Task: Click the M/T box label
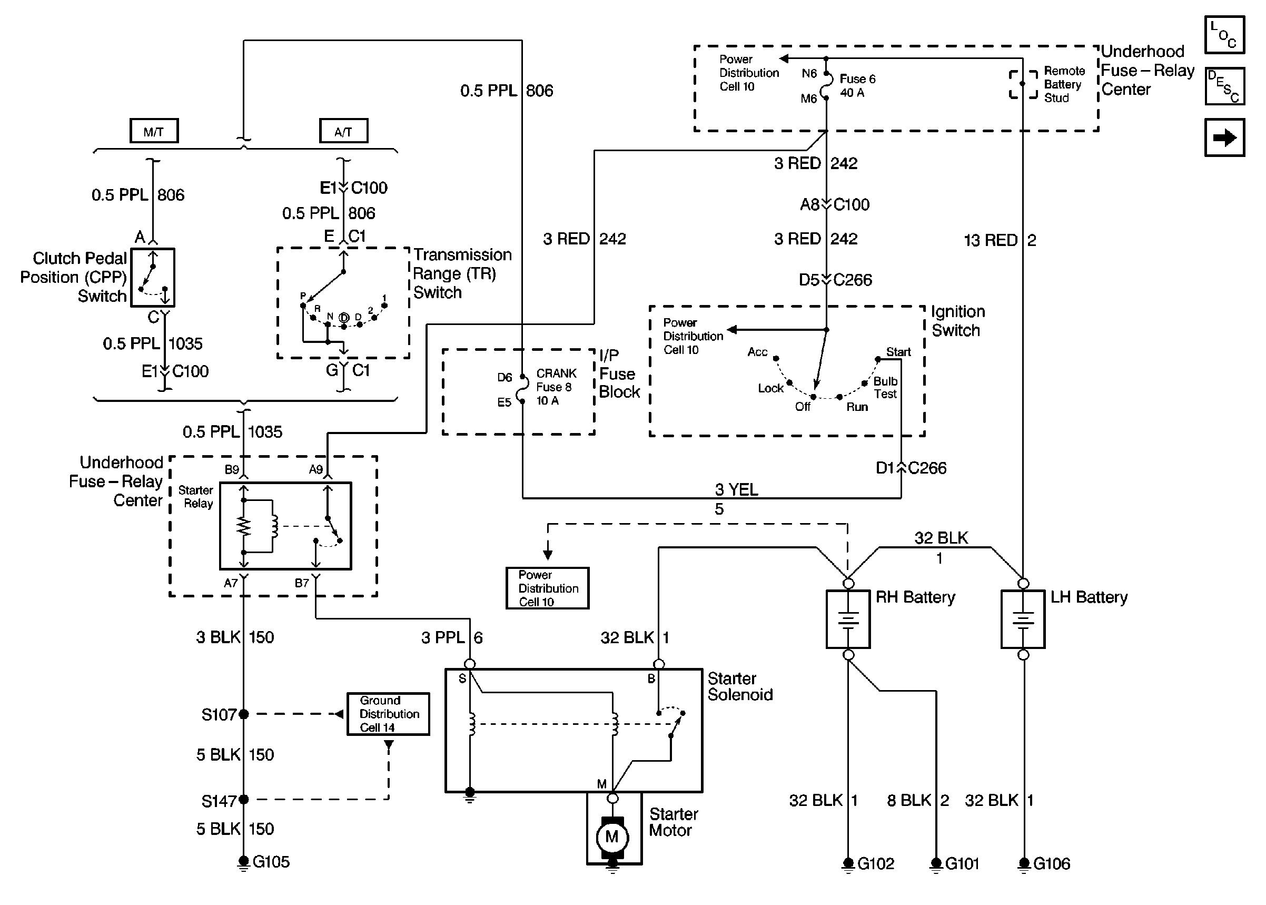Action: pos(154,132)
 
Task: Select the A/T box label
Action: pos(343,132)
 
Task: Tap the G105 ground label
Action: pos(271,861)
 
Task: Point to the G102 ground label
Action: pos(876,863)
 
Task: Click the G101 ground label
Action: pos(962,863)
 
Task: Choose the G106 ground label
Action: pos(1052,863)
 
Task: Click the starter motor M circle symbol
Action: pos(612,837)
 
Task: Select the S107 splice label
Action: pos(219,714)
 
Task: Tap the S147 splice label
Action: pos(219,801)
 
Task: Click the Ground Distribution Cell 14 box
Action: pos(388,714)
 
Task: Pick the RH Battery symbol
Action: pos(848,619)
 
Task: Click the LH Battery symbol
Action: pos(1023,619)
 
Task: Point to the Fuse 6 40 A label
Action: pos(857,86)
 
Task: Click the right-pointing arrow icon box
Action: pos(1224,137)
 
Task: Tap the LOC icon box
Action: pos(1224,35)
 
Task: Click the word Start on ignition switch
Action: pos(898,352)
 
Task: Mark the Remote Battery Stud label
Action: pos(1064,84)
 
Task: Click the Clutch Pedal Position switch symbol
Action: pos(153,278)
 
